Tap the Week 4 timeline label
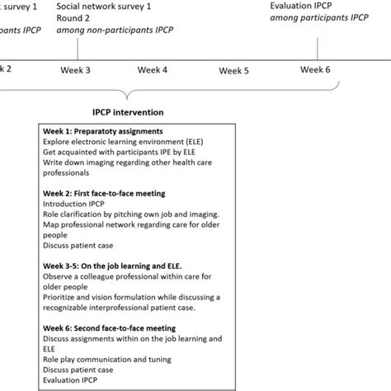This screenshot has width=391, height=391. (153, 69)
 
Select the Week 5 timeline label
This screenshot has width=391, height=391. (233, 70)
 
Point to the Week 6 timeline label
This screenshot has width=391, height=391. (315, 69)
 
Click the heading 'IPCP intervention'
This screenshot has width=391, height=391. (127, 111)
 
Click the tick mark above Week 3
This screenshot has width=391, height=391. (77, 52)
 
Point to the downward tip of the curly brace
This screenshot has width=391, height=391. (125, 99)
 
